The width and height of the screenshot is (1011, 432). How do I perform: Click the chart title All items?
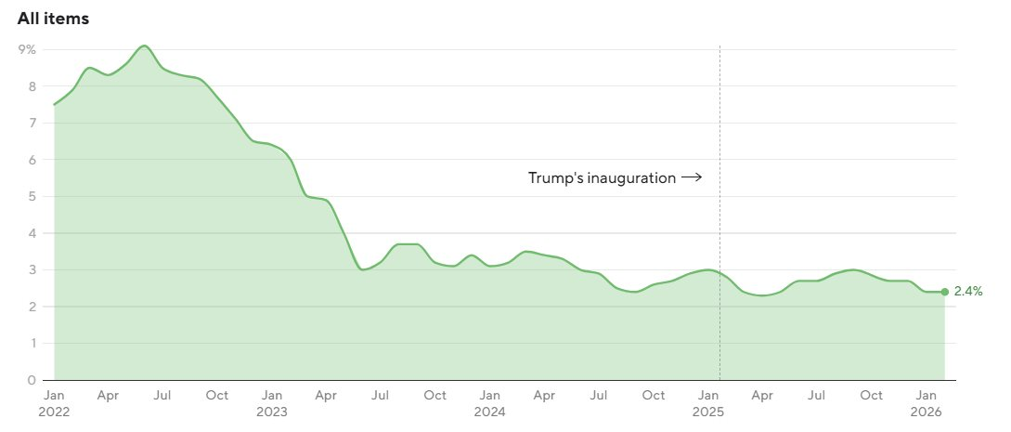53,19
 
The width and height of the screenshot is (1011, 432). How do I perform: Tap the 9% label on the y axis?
27,49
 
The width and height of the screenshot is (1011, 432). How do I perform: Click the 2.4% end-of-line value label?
968,292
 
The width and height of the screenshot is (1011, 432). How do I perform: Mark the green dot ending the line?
945,292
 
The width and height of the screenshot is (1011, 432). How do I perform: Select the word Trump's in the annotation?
553,178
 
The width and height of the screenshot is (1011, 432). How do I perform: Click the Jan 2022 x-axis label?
54,403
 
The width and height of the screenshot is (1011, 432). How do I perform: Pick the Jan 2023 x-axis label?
272,403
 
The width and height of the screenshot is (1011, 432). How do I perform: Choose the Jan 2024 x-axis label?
490,403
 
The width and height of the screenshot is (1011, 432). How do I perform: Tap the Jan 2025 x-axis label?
708,403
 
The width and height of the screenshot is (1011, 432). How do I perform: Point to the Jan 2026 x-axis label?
927,403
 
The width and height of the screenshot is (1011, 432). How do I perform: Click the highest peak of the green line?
144,46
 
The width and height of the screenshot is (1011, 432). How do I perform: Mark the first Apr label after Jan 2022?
108,396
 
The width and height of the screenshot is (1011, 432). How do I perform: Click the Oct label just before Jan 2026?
872,396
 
